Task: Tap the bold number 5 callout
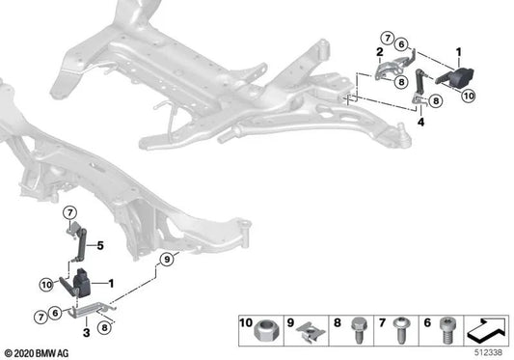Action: tap(97, 245)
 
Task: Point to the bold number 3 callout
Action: tap(88, 331)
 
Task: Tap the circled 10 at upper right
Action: tap(470, 96)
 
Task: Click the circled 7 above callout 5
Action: tap(70, 212)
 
